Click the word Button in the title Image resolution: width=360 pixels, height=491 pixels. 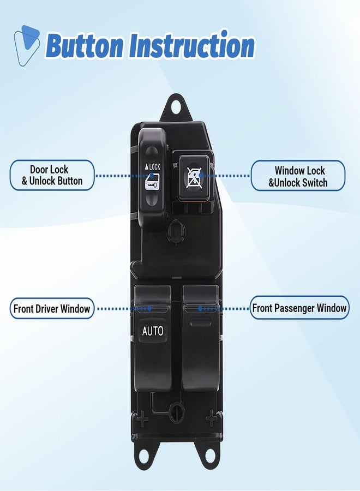[x=85, y=45]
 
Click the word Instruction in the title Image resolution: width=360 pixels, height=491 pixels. [x=191, y=45]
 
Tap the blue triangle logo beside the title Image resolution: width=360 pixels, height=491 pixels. [x=27, y=45]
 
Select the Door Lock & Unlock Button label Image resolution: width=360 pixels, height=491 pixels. [x=52, y=175]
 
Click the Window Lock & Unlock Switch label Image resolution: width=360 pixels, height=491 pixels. [x=298, y=176]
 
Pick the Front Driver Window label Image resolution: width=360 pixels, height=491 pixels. [x=52, y=309]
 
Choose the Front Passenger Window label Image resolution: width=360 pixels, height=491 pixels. [x=299, y=308]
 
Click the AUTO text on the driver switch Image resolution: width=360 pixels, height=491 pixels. [x=152, y=331]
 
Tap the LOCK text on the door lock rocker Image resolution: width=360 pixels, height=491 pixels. [x=152, y=167]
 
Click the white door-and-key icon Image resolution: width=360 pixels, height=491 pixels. [x=152, y=184]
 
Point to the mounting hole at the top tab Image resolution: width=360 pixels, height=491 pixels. [x=175, y=106]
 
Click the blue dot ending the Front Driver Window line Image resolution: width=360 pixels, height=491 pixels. [x=149, y=309]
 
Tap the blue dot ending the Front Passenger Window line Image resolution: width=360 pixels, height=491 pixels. [x=200, y=309]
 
